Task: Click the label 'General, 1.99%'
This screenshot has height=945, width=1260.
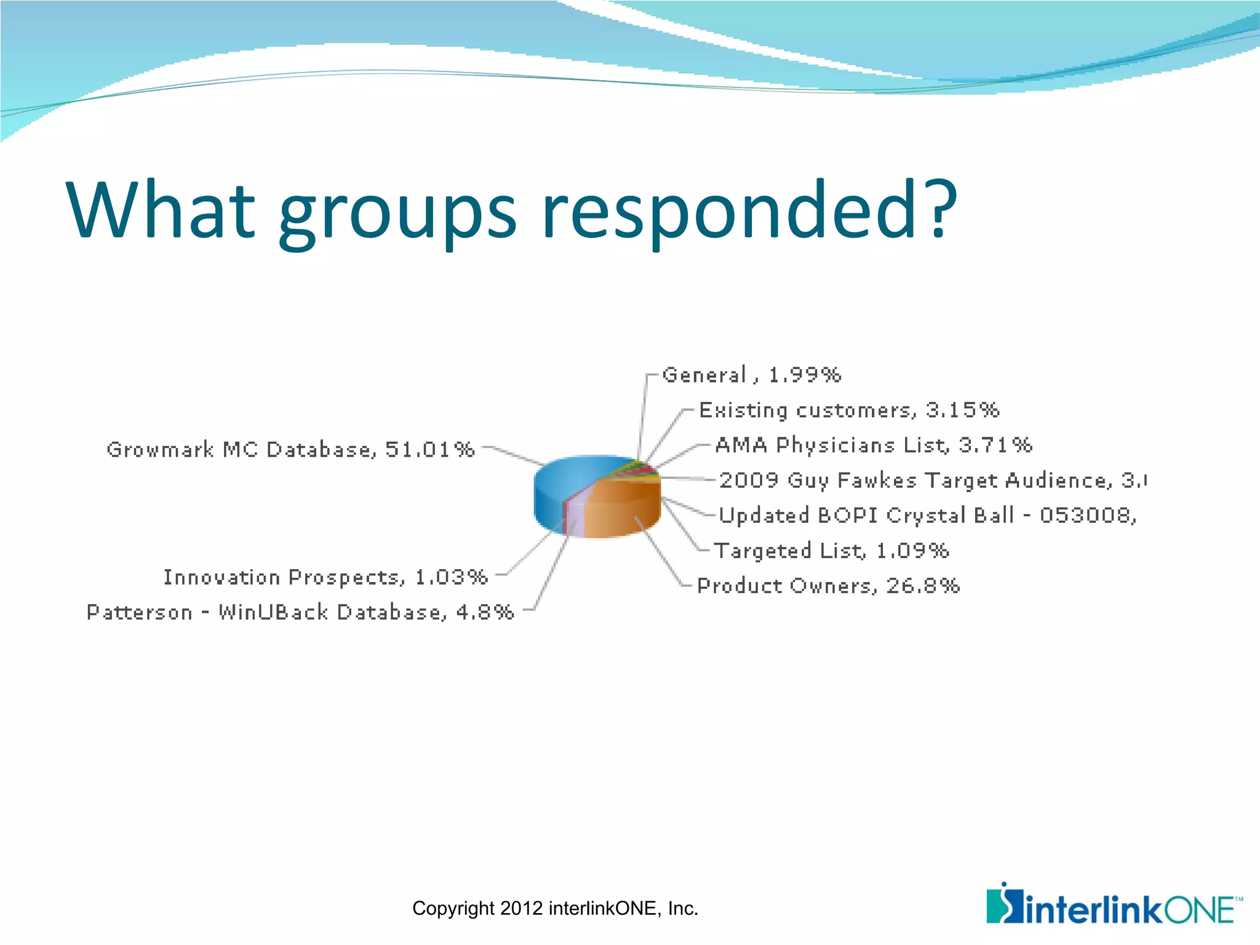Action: pos(751,375)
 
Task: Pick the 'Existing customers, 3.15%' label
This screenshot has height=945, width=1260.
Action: pos(849,410)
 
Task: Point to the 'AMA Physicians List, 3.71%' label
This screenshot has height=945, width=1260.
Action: pos(873,445)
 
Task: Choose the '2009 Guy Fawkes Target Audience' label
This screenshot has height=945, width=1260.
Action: pos(932,480)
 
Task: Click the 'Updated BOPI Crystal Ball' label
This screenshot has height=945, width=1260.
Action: pos(927,515)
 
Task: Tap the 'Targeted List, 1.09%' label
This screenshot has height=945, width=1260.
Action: pos(831,550)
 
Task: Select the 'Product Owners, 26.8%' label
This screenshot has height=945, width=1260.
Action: pos(828,586)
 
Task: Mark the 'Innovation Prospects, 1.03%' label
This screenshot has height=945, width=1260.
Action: pos(325,577)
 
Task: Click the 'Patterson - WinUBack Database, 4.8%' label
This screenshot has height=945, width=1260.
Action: pos(300,612)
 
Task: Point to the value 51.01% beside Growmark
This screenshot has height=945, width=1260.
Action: pos(430,450)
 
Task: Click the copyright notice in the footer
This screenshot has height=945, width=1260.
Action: pos(555,909)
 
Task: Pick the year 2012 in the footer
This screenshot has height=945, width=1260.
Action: pos(522,909)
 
